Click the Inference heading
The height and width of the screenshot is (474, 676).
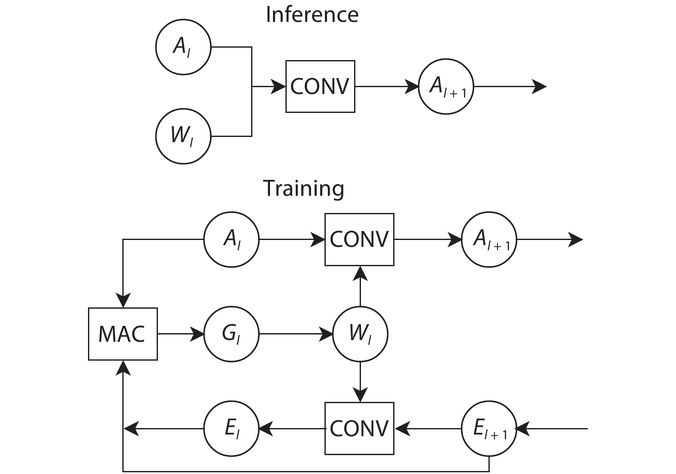pos(312,14)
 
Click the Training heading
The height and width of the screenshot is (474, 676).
pos(303,188)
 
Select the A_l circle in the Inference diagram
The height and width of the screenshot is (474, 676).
pos(183,47)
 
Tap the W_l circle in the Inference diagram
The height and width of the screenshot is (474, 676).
pos(183,136)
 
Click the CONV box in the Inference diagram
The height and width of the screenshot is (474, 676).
pos(320,86)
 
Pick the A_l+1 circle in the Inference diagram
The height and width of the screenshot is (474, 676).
pos(446,87)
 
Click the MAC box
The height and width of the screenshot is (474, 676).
pos(123,334)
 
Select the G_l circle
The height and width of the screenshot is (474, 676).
pos(231,334)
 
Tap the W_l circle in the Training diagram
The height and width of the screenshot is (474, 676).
pos(360,334)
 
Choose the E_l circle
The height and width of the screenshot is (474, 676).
pos(231,428)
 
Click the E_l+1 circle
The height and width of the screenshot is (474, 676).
pos(489,428)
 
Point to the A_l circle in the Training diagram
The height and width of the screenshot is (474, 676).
pos(231,239)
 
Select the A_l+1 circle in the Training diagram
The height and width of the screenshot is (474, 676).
pos(489,239)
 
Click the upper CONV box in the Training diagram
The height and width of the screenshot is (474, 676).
pos(359,239)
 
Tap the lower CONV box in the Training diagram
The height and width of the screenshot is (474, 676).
pos(359,428)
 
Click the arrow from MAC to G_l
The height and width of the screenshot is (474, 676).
pos(180,334)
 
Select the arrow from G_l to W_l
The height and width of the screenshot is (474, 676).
pos(296,334)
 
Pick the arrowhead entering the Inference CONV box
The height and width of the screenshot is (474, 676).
pos(279,87)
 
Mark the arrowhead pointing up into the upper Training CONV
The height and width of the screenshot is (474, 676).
pos(360,273)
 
